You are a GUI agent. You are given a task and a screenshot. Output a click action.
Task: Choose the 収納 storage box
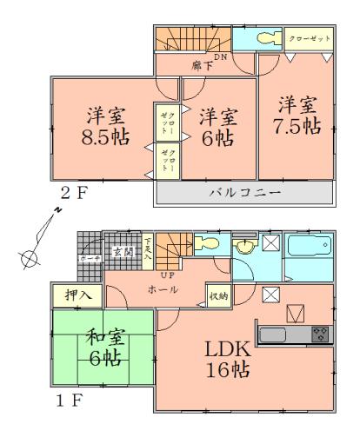(x=218, y=295)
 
